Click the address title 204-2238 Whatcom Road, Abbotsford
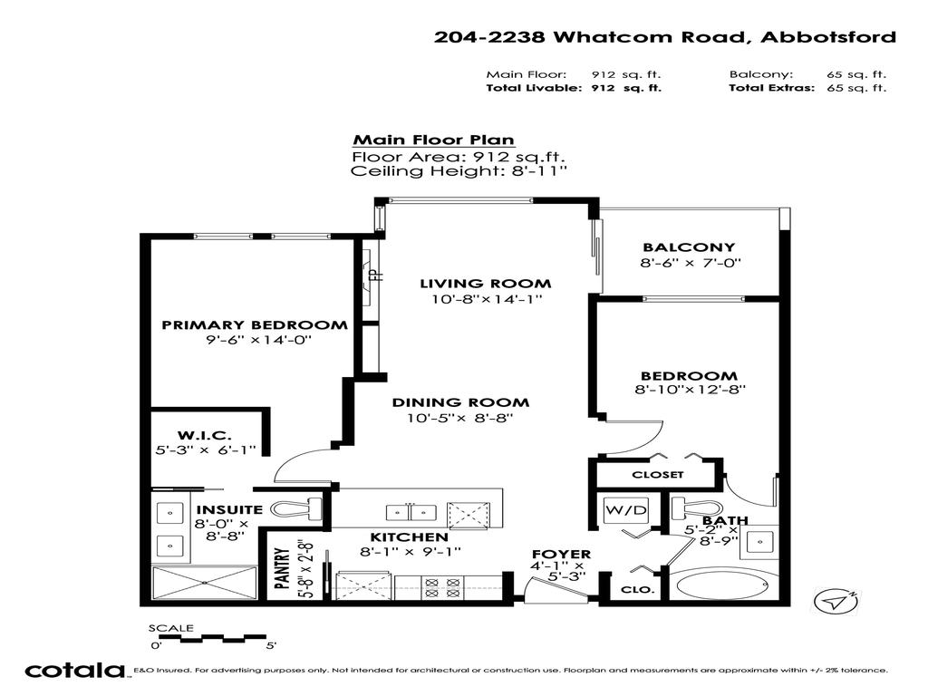click(x=664, y=37)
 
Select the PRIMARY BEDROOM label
click(x=254, y=324)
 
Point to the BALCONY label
click(x=689, y=247)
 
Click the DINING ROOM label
click(x=460, y=402)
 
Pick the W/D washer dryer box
click(x=626, y=510)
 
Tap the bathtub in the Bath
click(x=720, y=585)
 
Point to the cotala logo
click(x=74, y=671)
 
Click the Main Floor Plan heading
click(x=433, y=140)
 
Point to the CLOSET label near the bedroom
click(x=658, y=474)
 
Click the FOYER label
click(x=561, y=554)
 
